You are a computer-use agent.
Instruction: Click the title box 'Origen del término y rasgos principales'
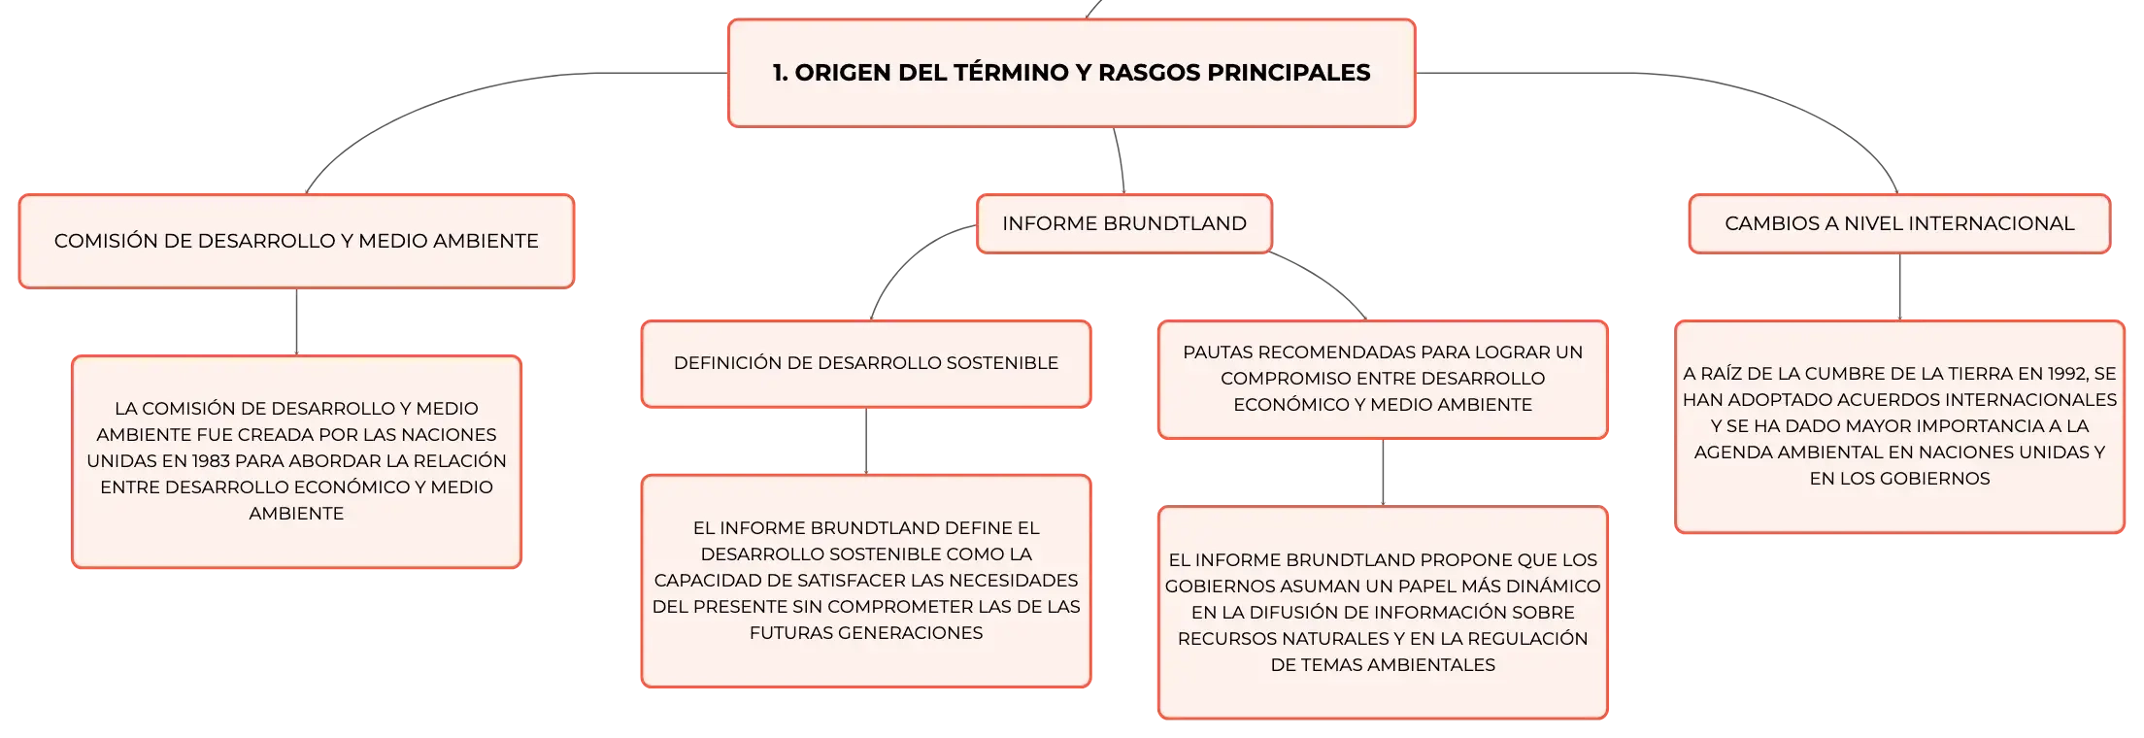pyautogui.click(x=1071, y=73)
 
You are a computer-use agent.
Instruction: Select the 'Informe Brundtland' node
pyautogui.click(x=1123, y=224)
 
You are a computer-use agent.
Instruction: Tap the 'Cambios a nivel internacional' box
pyautogui.click(x=1898, y=224)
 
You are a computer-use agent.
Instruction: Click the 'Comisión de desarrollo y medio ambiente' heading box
pyautogui.click(x=296, y=241)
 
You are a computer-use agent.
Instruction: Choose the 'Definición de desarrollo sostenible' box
pyautogui.click(x=865, y=363)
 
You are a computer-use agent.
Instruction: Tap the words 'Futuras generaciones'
pyautogui.click(x=865, y=633)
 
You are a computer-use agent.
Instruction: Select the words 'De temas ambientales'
pyautogui.click(x=1383, y=665)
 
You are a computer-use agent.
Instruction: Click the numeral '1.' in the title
pyautogui.click(x=780, y=73)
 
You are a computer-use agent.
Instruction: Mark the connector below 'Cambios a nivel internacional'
pyautogui.click(x=1898, y=287)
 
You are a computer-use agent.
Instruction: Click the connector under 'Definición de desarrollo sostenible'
pyautogui.click(x=865, y=441)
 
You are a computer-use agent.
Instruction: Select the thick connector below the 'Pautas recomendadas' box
pyautogui.click(x=1383, y=473)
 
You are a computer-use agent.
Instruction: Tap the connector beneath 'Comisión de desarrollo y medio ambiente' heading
pyautogui.click(x=297, y=321)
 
